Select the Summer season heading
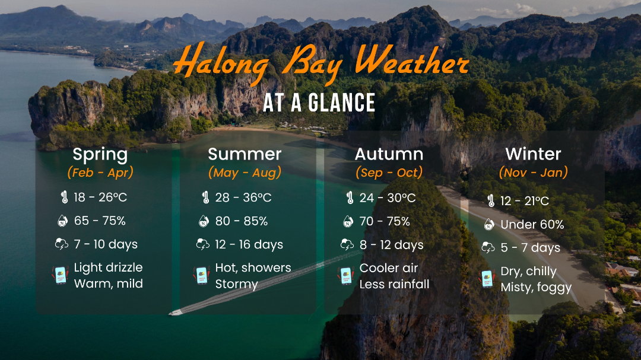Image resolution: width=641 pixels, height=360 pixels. click(245, 154)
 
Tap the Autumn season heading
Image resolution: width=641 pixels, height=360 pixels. click(389, 154)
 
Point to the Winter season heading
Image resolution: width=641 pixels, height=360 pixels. click(533, 154)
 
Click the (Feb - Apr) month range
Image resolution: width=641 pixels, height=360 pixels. click(100, 173)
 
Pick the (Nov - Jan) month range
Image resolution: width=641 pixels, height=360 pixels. click(533, 173)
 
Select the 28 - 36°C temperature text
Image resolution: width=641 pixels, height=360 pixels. click(243, 197)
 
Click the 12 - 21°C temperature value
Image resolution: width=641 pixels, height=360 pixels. click(525, 201)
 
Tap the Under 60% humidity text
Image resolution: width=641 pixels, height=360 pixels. click(532, 224)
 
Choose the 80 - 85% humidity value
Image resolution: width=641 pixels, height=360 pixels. click(241, 221)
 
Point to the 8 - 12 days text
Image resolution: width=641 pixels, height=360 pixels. click(391, 245)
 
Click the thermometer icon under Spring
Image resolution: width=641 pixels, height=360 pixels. click(64, 197)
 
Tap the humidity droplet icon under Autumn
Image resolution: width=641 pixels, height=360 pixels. click(348, 221)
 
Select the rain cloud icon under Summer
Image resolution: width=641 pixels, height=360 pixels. click(203, 244)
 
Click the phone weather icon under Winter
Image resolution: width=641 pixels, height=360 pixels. click(487, 279)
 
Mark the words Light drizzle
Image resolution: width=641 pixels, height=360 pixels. click(109, 267)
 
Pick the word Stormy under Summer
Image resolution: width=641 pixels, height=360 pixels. click(236, 284)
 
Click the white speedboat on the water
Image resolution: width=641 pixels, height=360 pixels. click(175, 313)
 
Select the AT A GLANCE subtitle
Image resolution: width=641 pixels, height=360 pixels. click(319, 103)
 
